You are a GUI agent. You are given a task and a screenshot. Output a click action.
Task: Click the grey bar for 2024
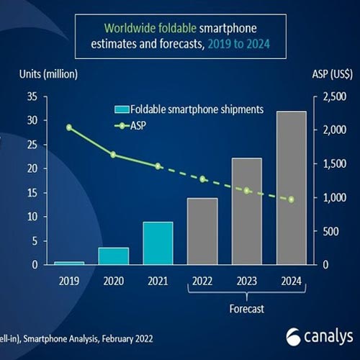[291, 188]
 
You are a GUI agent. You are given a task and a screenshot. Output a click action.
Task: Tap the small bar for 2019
[69, 263]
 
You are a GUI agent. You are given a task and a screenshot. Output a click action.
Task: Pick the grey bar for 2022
[202, 231]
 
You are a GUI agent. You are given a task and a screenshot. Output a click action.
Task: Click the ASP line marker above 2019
[69, 127]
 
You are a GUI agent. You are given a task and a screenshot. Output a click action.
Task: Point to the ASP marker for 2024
[291, 199]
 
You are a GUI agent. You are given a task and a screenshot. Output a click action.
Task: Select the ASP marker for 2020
[113, 155]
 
